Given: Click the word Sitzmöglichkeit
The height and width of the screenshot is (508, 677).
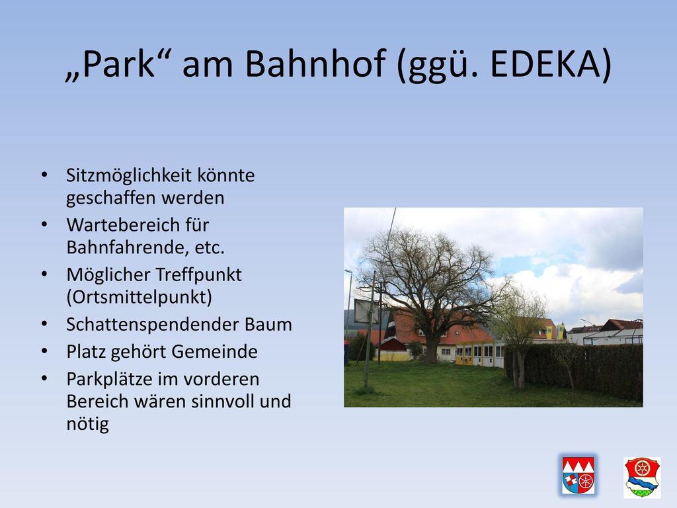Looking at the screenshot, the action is click(x=129, y=175).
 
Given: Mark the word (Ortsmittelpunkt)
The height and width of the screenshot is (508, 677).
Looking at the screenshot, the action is click(x=139, y=297).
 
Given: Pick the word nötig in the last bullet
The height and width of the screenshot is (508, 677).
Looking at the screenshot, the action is click(x=87, y=424).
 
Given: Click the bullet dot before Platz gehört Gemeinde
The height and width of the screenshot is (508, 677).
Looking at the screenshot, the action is click(x=44, y=352).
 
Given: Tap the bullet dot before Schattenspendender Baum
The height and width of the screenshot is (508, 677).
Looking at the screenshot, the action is click(x=44, y=324).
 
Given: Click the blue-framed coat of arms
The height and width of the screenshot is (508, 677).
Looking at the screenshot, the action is click(x=578, y=475).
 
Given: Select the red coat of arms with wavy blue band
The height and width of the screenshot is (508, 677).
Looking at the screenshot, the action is click(x=643, y=478).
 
